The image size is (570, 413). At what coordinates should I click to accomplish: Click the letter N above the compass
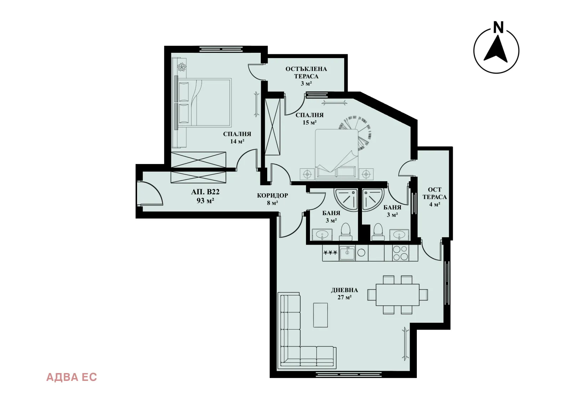click(x=498, y=27)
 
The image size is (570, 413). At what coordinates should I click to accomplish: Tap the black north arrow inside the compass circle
click(x=496, y=50)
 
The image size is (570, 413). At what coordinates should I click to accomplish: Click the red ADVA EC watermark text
click(x=72, y=377)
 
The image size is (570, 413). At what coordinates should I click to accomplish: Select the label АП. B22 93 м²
click(x=205, y=196)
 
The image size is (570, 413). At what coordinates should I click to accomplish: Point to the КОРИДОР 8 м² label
click(x=273, y=199)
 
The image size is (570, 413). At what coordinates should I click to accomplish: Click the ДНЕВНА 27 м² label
click(x=344, y=294)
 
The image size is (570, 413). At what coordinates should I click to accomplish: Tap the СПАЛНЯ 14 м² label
click(x=237, y=137)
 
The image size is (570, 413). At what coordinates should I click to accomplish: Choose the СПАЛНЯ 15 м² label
click(x=310, y=118)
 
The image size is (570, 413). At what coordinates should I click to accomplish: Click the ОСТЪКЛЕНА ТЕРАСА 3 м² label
click(x=306, y=76)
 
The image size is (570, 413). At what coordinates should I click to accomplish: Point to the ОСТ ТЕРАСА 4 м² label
click(x=435, y=197)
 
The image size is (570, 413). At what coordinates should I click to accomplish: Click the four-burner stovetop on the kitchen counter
click(x=400, y=253)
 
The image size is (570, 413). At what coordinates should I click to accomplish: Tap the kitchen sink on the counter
click(x=347, y=253)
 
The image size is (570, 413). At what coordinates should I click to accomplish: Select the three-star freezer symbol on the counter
click(x=330, y=253)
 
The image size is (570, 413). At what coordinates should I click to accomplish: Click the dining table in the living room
click(x=397, y=295)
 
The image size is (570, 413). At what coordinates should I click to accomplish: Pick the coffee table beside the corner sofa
click(x=320, y=315)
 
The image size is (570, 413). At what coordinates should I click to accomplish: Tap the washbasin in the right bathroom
click(x=399, y=235)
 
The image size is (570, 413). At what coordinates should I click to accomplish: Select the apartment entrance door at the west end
click(x=150, y=194)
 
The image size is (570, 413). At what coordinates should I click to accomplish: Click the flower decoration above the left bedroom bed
click(x=182, y=67)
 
